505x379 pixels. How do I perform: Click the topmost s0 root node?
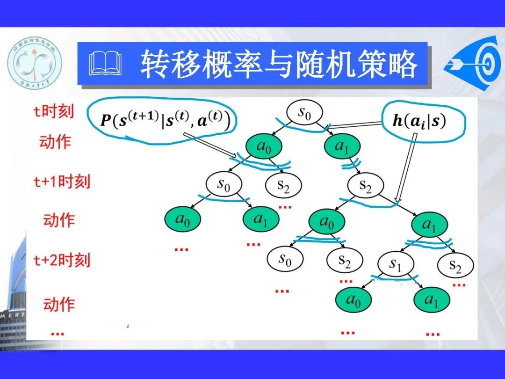[304, 114]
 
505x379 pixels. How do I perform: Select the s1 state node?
[396, 265]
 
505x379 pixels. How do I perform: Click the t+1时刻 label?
[61, 181]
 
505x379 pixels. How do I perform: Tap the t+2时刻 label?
[61, 260]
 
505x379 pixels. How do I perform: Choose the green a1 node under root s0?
[342, 146]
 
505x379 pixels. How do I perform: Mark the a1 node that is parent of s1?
[430, 225]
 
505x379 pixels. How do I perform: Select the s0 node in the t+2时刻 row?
[285, 259]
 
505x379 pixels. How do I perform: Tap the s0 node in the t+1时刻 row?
[224, 185]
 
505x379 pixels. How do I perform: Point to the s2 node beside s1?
[455, 266]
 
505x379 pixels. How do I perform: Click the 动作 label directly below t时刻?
[55, 141]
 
